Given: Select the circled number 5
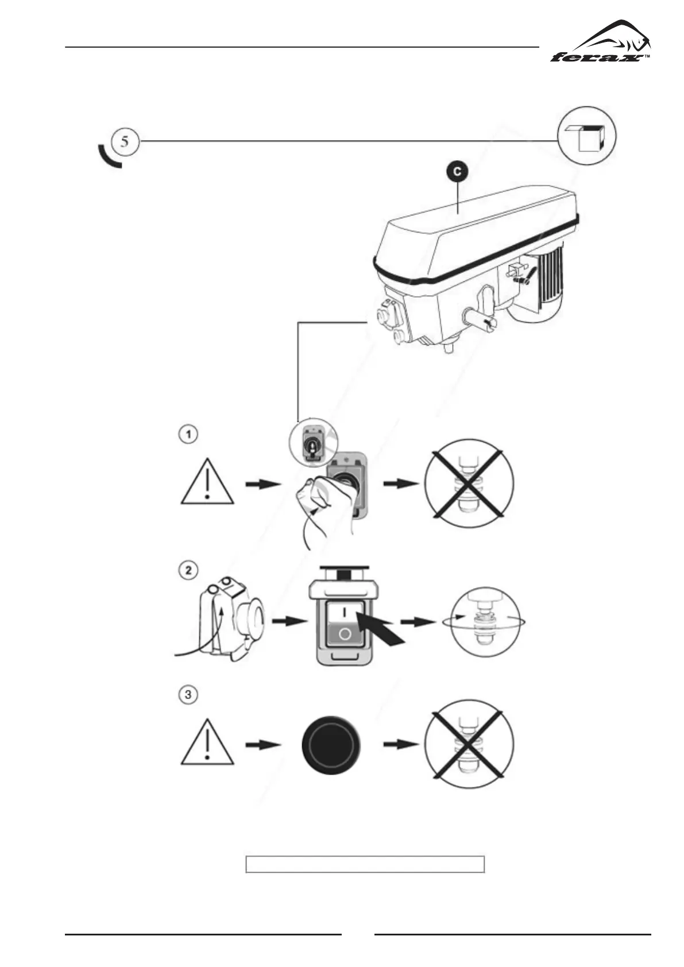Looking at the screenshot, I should [125, 141].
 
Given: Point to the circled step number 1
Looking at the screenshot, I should [187, 434].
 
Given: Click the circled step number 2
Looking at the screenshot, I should [187, 570].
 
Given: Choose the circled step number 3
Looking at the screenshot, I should [187, 694].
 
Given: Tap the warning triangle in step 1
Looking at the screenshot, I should [207, 483].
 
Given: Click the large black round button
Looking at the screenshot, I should [330, 744].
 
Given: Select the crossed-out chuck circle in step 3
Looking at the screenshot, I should [469, 744].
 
